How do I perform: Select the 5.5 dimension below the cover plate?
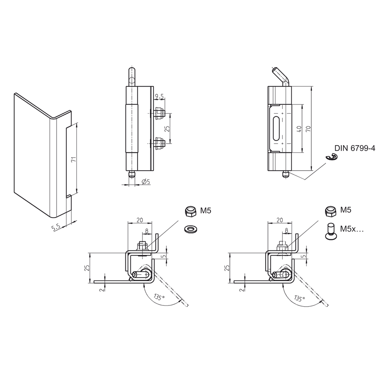pos(56,227)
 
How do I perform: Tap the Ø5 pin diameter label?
pos(146,182)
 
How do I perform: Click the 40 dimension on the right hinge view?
pos(299,129)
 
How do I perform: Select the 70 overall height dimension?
pos(308,129)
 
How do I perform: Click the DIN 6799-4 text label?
pos(355,148)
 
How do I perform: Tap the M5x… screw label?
pos(352,229)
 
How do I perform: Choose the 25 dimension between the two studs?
pos(166,128)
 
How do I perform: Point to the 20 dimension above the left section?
pos(140,220)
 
